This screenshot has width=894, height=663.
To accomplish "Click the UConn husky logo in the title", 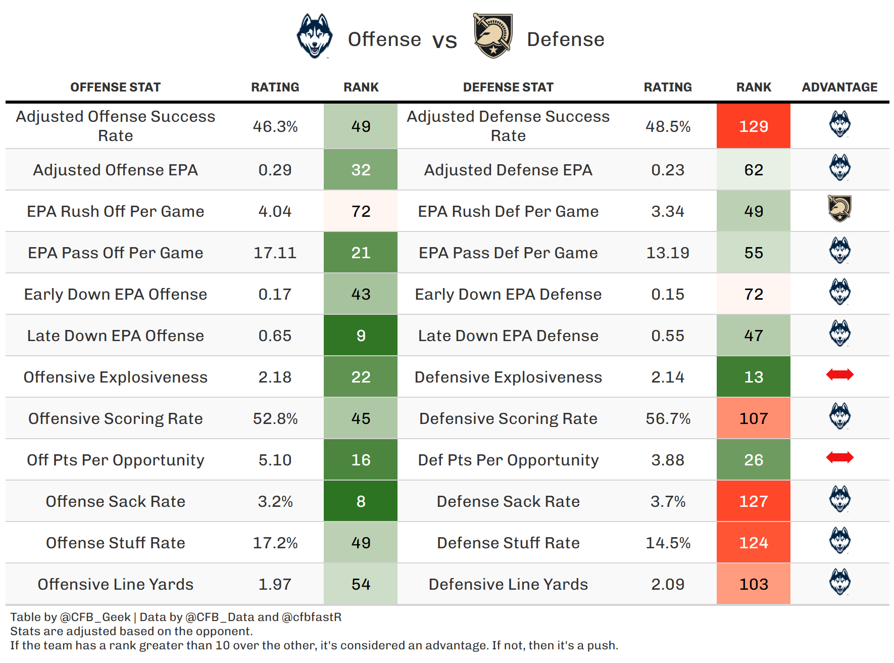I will pos(314,36).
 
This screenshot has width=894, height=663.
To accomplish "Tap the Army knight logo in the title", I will pos(492,36).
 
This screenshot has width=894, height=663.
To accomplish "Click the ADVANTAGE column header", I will pos(839,87).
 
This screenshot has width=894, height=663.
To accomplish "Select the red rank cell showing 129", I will pos(753,126).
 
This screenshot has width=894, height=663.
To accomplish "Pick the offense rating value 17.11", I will pos(275,253).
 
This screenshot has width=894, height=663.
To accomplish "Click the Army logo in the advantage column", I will pos(839,208).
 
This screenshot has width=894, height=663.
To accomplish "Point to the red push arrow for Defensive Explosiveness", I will pos(839,374).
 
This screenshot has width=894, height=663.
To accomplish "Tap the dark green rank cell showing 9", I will pos(361,336).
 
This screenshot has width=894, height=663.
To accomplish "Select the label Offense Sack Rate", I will pos(116,501).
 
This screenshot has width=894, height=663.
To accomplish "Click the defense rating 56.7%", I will pos(668,418).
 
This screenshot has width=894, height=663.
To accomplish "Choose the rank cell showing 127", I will pos(753,501).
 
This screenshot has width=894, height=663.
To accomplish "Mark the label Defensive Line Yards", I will pos(508,584).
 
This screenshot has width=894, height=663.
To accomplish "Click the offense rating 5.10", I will pos(275,460).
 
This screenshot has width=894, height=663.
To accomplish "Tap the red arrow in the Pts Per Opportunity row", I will pos(839,457).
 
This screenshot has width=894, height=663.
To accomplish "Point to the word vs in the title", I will pos(444,40).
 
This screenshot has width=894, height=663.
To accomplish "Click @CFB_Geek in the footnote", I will pos(95,617).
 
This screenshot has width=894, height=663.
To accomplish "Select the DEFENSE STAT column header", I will pos(508,87).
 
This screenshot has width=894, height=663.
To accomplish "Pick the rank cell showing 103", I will pos(753,584).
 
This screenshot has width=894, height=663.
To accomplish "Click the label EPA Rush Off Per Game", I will pos(116,211).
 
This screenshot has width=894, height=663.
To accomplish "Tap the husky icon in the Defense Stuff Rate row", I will pos(839,540).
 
